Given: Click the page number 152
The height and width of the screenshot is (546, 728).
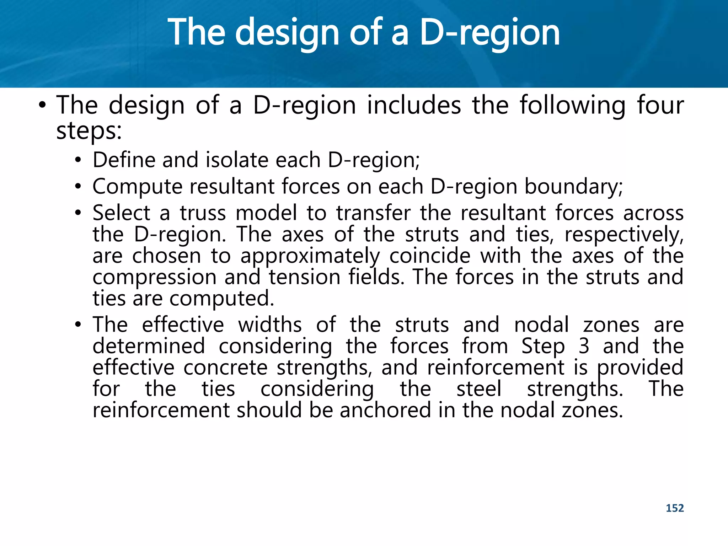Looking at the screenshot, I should coord(674,508).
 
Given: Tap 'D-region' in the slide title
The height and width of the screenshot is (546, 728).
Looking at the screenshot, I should coord(489,33).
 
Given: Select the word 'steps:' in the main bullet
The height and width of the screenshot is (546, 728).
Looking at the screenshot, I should coord(89,131).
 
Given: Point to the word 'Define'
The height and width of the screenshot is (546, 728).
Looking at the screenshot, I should coord(124,160).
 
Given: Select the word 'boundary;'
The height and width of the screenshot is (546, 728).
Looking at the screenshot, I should coord(574,187).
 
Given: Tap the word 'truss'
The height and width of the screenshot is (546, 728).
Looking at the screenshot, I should coord(203,213).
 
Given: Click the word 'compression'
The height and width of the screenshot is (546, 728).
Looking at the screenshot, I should coord(154,277).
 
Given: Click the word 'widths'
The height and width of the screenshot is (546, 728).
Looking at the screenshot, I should coord(270,325).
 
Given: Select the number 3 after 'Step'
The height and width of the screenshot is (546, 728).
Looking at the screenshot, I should coord(584,346).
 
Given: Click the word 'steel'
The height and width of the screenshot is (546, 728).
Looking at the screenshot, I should coord(479,389).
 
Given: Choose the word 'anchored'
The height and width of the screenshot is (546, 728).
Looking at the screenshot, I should coord(385,410).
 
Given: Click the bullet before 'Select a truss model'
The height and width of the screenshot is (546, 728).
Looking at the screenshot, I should coord(78,213).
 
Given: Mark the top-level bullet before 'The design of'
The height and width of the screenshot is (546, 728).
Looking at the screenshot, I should coord(42,105).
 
